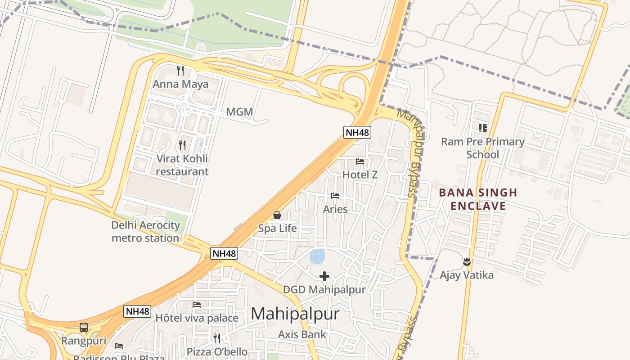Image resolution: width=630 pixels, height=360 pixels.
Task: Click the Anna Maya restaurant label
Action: tap(180, 84)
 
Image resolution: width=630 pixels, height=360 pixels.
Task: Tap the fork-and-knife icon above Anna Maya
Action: tap(180, 71)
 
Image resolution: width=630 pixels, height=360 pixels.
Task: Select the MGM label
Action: tap(239, 112)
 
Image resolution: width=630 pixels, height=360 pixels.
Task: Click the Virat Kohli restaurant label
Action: tap(182, 165)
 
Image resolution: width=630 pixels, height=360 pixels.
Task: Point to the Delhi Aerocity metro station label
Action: tap(146, 231)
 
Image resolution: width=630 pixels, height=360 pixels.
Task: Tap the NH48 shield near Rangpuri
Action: tap(137, 311)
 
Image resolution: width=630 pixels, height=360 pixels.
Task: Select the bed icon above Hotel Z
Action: tap(360, 162)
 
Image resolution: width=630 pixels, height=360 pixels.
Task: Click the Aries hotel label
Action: tap(335, 209)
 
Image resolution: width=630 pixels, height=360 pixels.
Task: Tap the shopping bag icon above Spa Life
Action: tap(277, 215)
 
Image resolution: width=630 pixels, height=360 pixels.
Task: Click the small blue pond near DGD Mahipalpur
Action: tap(317, 256)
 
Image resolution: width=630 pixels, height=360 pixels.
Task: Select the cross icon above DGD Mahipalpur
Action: tap(324, 276)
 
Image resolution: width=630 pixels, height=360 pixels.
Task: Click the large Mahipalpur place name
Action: tap(295, 314)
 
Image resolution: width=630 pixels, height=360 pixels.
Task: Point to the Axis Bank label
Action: tap(302, 334)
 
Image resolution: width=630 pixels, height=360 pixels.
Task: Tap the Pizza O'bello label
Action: tap(217, 351)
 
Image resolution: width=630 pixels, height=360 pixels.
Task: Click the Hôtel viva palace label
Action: tap(197, 318)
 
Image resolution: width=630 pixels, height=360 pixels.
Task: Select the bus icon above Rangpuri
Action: tap(84, 328)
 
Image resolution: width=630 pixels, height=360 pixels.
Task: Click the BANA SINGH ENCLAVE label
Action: tap(478, 199)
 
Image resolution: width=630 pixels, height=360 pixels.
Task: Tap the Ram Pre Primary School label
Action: tap(483, 148)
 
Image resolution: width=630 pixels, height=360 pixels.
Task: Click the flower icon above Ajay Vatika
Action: tap(467, 261)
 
